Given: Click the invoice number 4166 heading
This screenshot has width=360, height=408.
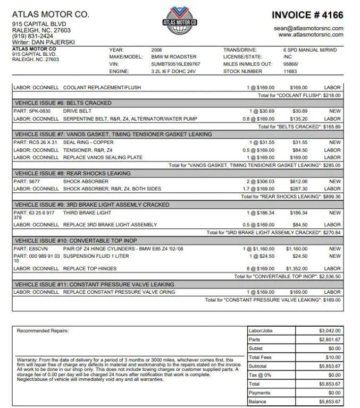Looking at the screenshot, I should pos(307,15).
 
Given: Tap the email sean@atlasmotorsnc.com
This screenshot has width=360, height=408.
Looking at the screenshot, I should pos(308,28).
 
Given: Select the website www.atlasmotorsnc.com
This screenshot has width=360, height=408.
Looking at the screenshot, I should pos(311,35).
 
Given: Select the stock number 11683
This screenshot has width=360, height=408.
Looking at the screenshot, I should pos(290,71).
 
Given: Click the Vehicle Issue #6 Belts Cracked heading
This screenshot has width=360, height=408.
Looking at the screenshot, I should pos(63,103).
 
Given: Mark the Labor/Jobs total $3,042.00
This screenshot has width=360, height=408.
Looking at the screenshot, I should pos(330,330).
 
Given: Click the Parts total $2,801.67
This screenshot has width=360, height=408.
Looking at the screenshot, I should pos(330,339).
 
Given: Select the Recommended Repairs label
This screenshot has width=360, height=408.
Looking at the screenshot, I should pos(43,331).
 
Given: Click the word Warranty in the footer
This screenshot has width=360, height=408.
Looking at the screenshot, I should pos(27,360).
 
